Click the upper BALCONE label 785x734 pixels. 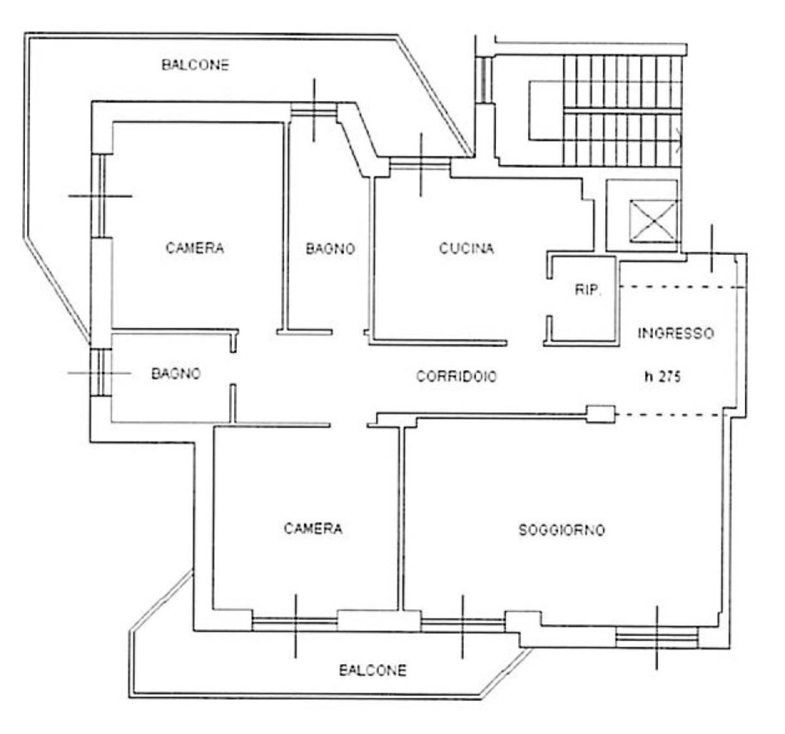(195, 65)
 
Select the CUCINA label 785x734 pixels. (466, 248)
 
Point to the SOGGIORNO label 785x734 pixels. (562, 529)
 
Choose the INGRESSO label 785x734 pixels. (676, 333)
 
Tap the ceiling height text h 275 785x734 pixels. (663, 376)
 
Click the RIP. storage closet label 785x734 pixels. (588, 290)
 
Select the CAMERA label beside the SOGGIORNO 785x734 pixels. (313, 528)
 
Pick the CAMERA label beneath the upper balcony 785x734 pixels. (195, 248)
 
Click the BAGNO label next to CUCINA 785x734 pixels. (330, 248)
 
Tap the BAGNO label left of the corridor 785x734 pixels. (176, 373)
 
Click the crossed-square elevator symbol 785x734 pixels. (654, 221)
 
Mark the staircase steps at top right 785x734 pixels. (623, 110)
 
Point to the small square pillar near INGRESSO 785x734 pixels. (601, 414)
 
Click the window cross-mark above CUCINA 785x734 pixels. (421, 165)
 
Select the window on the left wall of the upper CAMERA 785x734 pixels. (102, 196)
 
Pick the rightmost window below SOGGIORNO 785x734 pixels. (657, 638)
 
